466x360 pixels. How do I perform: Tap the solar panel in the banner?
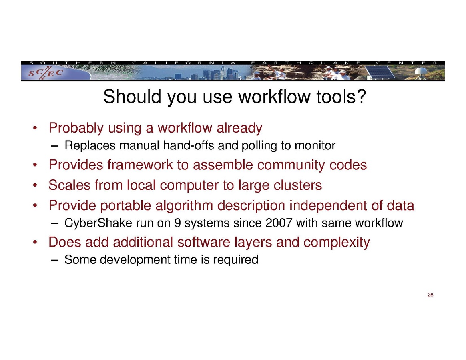(x=379, y=72)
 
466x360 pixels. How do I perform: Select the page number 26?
(x=430, y=295)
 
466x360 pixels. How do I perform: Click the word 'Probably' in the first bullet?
(x=76, y=128)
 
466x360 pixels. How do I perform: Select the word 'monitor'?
(x=315, y=145)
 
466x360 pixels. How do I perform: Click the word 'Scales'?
(x=69, y=185)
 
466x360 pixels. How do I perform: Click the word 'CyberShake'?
(x=98, y=223)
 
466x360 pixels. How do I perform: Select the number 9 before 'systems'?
(x=177, y=223)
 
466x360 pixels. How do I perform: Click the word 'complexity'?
(x=336, y=242)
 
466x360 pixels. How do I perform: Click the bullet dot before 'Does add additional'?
(x=35, y=243)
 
